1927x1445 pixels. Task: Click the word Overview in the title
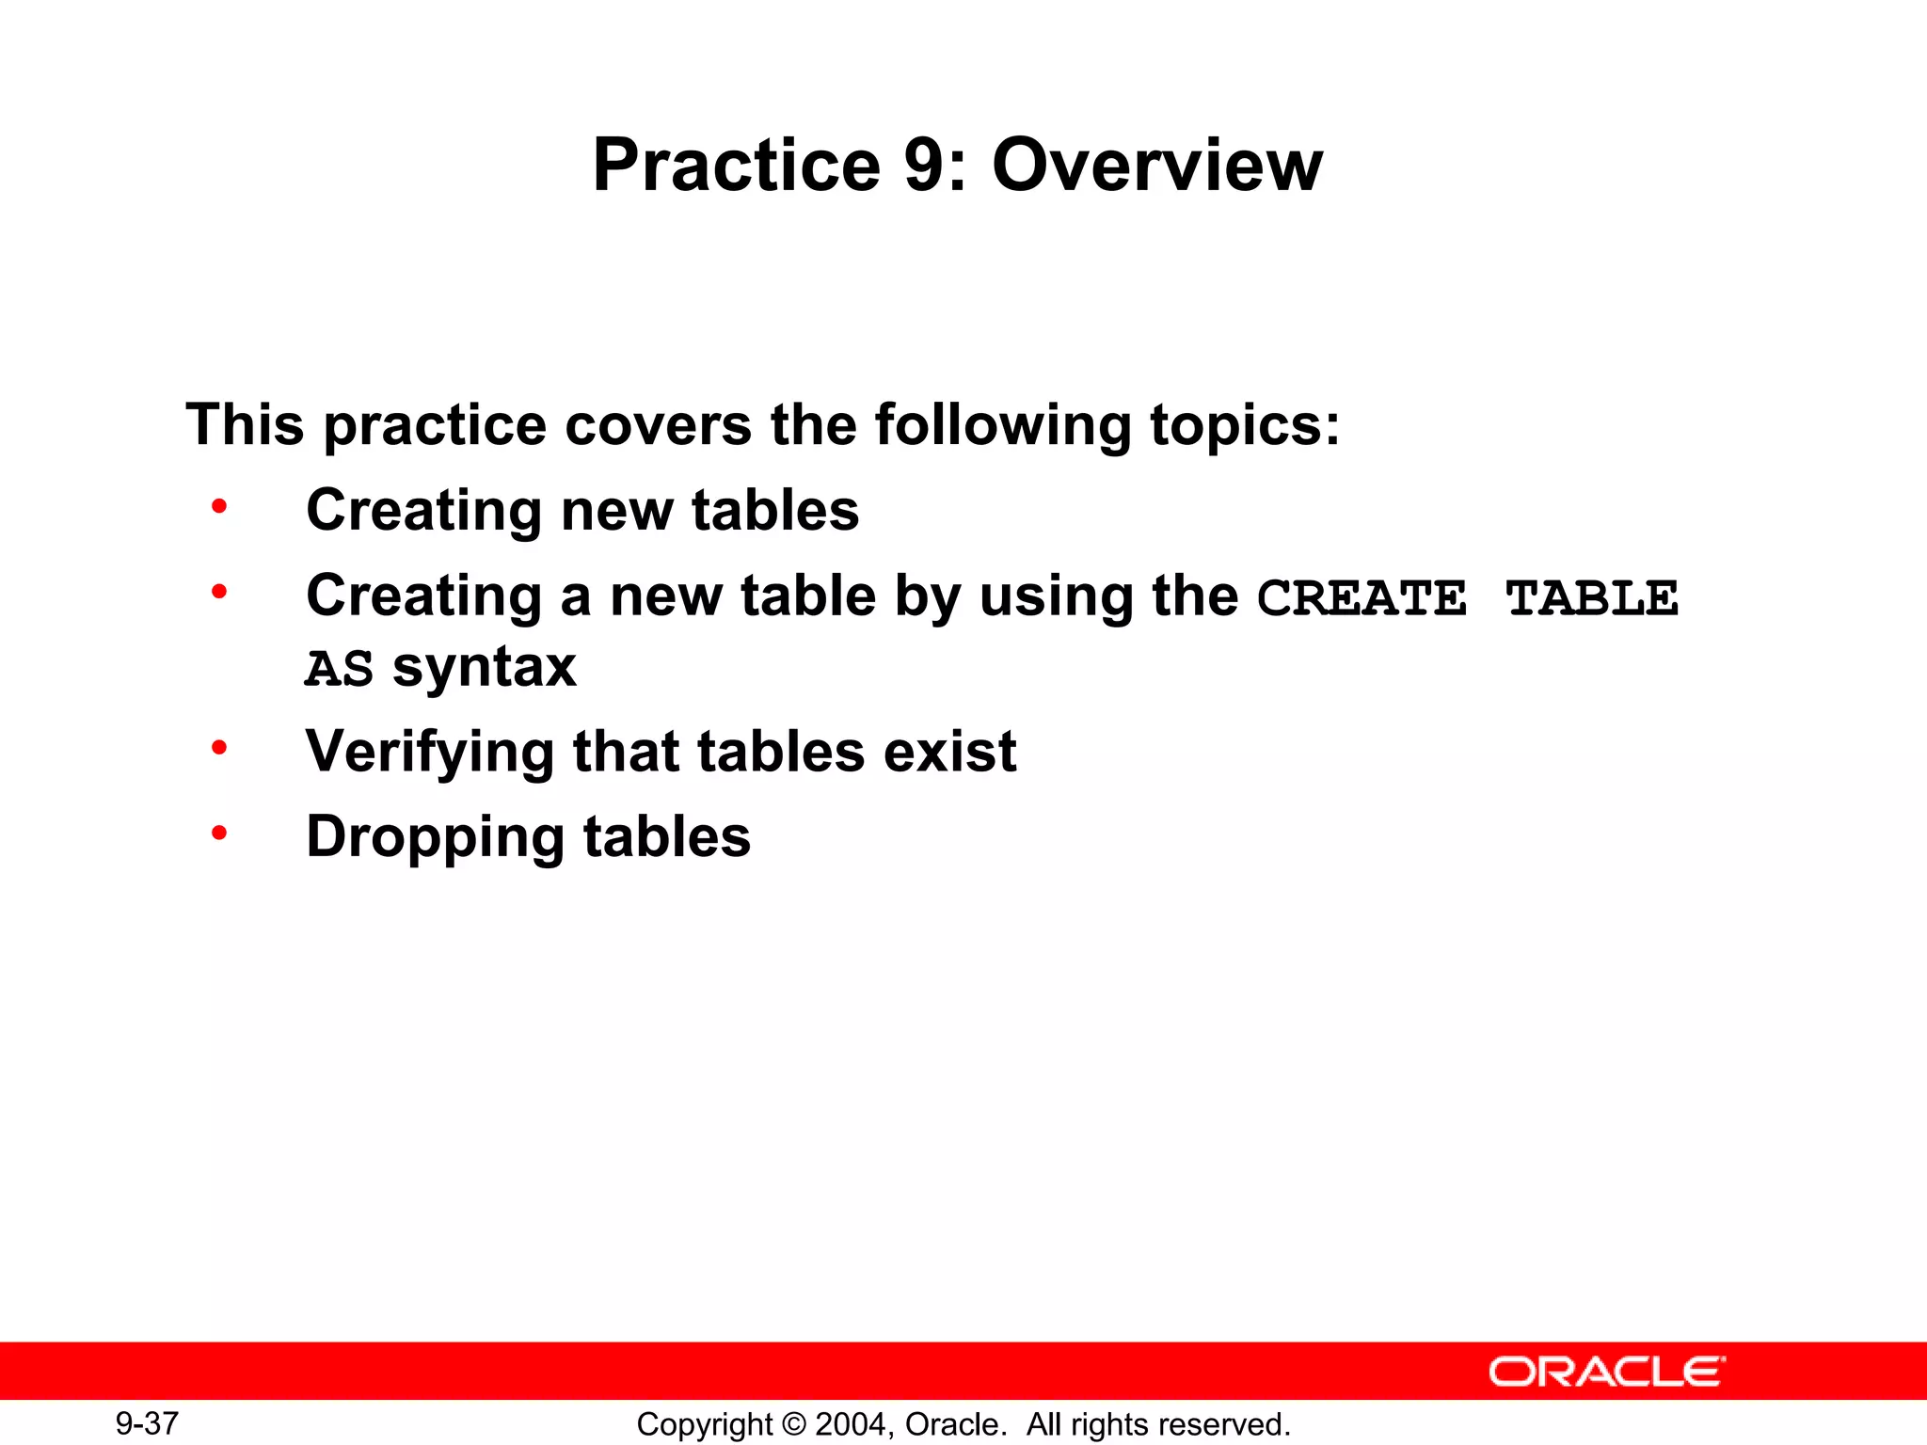1157,166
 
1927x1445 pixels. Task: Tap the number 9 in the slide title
924,166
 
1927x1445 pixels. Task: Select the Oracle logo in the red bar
1606,1372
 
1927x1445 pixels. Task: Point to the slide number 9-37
147,1423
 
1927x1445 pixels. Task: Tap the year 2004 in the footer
852,1424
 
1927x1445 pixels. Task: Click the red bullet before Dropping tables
219,833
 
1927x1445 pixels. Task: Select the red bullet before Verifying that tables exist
219,748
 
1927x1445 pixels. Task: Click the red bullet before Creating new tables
219,507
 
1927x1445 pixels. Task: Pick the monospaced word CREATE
1362,598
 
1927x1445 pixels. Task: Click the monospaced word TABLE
1592,598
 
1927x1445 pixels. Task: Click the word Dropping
435,838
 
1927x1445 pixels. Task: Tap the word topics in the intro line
1234,426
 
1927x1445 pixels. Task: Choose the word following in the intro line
1003,426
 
